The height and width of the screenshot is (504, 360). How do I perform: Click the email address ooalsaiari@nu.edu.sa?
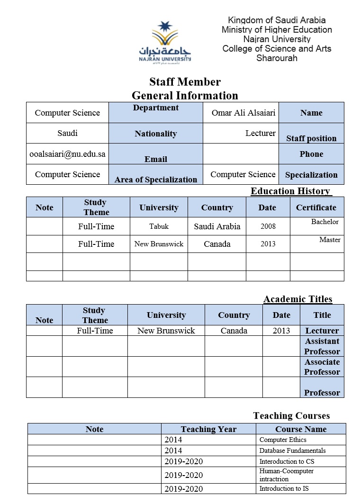click(67, 154)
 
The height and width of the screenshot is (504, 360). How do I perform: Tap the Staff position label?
click(311, 138)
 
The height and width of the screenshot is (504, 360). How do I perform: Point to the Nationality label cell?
click(155, 134)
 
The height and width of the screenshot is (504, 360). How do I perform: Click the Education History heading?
click(290, 191)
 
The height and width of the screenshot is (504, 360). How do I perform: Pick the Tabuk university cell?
click(159, 226)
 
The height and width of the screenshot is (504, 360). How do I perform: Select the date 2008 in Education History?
click(268, 226)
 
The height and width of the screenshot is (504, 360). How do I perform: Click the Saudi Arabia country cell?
click(217, 226)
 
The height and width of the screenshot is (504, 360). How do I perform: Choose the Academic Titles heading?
click(297, 299)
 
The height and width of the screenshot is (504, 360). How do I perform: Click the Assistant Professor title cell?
click(322, 346)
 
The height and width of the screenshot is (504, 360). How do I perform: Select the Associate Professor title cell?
click(322, 367)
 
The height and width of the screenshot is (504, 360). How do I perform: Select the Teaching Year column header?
click(208, 429)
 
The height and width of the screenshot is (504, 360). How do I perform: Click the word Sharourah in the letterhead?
click(277, 58)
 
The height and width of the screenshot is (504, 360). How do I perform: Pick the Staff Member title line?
click(185, 82)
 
